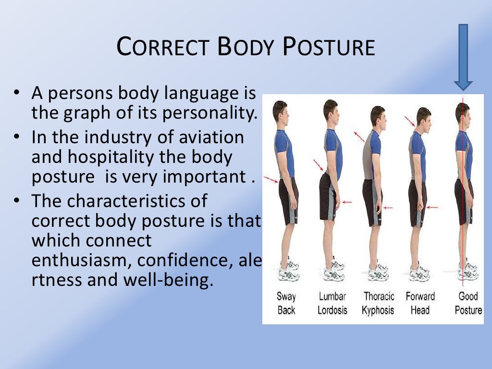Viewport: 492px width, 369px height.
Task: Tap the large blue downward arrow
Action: (463, 58)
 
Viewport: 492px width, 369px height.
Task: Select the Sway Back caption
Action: (286, 303)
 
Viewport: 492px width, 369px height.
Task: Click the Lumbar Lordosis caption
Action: (332, 303)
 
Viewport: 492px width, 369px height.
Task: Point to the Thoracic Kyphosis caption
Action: (378, 303)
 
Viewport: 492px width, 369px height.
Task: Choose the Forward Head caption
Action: (420, 303)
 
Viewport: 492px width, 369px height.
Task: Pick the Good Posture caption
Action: (468, 303)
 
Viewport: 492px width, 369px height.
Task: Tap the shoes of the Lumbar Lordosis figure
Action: (333, 272)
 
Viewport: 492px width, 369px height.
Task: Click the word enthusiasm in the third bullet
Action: (80, 260)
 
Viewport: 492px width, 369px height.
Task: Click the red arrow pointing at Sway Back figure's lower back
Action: (271, 180)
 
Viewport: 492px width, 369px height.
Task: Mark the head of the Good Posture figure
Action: (463, 112)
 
